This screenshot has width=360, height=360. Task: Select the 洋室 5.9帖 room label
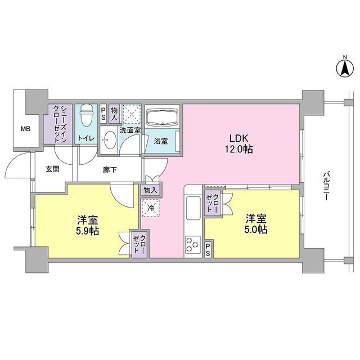(x=85, y=224)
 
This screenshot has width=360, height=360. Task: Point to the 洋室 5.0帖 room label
(x=255, y=224)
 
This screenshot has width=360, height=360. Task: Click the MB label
(x=26, y=129)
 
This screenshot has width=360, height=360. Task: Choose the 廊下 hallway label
(x=110, y=169)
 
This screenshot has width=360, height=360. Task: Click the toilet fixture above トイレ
(x=86, y=116)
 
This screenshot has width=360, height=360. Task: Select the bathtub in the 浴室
(x=162, y=119)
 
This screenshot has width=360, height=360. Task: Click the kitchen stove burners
(x=192, y=245)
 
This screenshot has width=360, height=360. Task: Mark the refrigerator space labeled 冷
(x=150, y=208)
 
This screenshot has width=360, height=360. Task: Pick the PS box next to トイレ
(x=103, y=114)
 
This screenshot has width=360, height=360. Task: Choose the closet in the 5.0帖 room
(x=213, y=202)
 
